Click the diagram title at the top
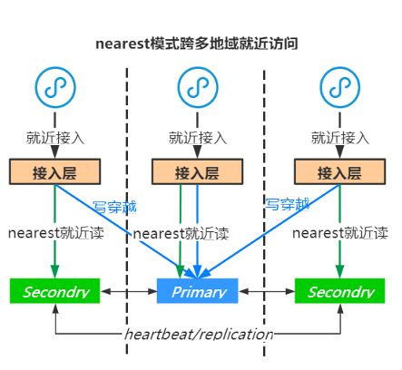pos(197,43)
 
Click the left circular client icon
pos(54,87)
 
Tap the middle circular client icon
pos(197,87)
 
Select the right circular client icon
pos(339,87)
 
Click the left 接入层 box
pos(54,172)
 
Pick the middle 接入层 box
pos(197,172)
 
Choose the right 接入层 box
pos(339,172)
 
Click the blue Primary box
pos(197,291)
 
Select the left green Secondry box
pos(55,291)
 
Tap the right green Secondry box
pos(339,291)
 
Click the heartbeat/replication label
pos(198,334)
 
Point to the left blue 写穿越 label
pos(114,207)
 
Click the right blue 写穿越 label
pos(287,204)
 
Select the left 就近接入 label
pos(54,138)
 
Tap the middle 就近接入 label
pos(197,138)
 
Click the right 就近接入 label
pos(339,138)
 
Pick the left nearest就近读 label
pos(56,232)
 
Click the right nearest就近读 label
pos(341,232)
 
